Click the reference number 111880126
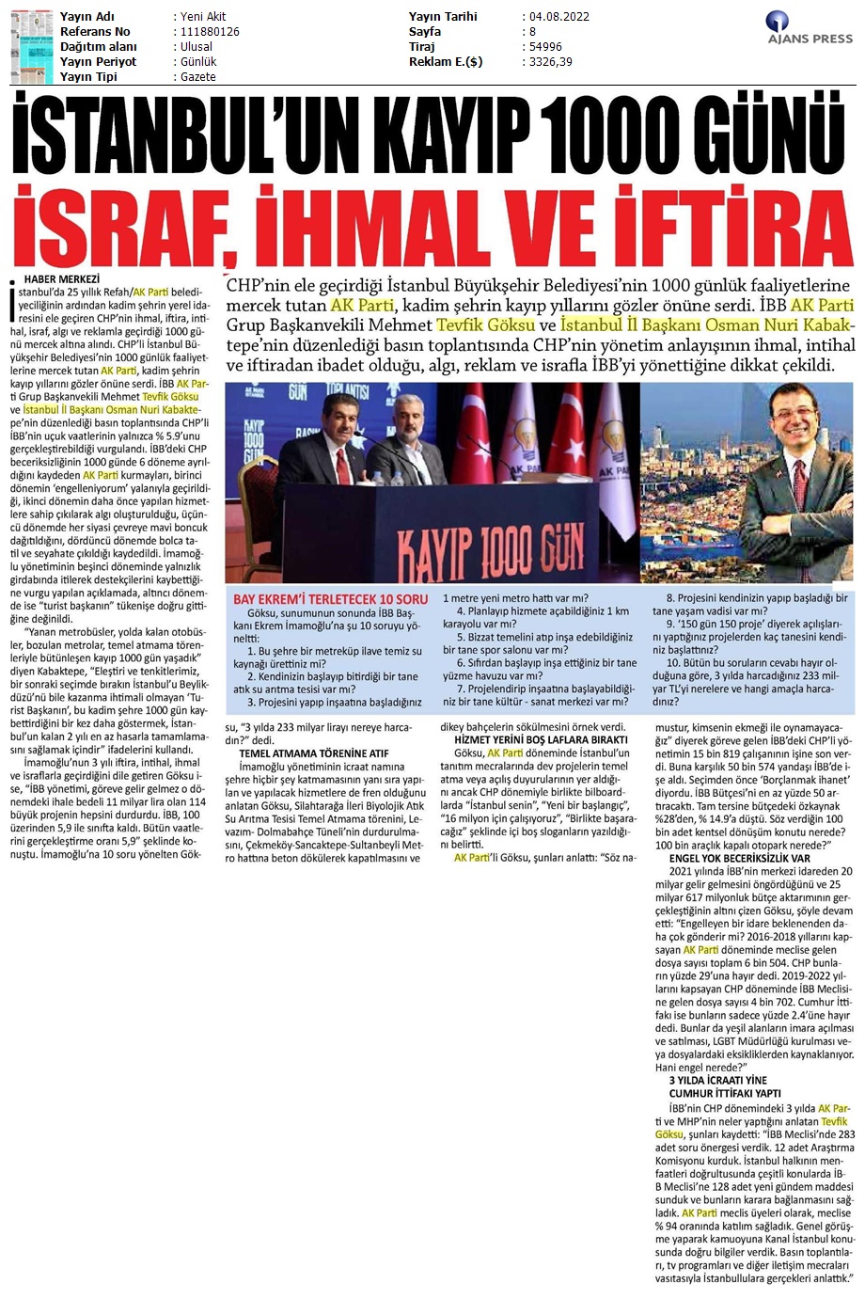(207, 32)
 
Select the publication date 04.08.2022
(555, 17)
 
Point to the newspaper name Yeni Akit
(203, 17)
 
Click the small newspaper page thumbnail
(31, 45)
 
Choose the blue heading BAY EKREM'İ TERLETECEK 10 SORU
(330, 599)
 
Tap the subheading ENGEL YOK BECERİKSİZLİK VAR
(739, 858)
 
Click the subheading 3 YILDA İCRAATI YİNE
(717, 1080)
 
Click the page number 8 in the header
(532, 32)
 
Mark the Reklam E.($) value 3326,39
(550, 62)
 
